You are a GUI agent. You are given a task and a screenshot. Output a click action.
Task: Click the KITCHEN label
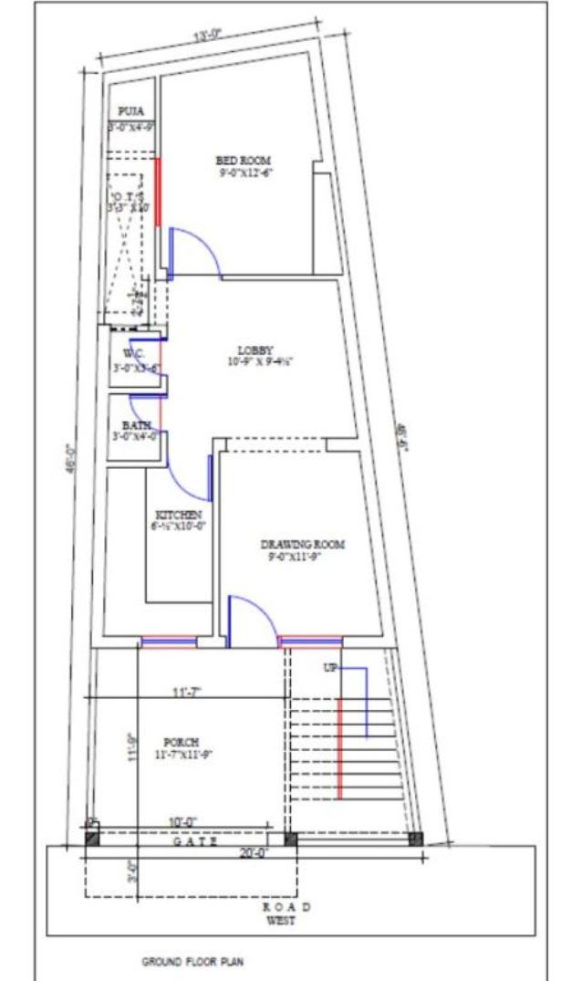pyautogui.click(x=178, y=515)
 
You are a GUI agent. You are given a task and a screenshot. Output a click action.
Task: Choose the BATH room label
pyautogui.click(x=133, y=425)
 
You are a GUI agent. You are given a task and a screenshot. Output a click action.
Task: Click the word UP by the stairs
pyautogui.click(x=329, y=669)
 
